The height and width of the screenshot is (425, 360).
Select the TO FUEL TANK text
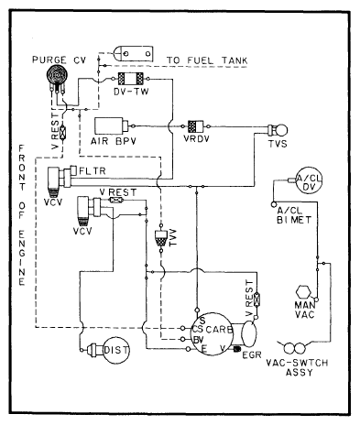(204, 60)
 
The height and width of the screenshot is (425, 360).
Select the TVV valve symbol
(161, 236)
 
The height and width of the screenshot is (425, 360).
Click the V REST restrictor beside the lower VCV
(116, 200)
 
